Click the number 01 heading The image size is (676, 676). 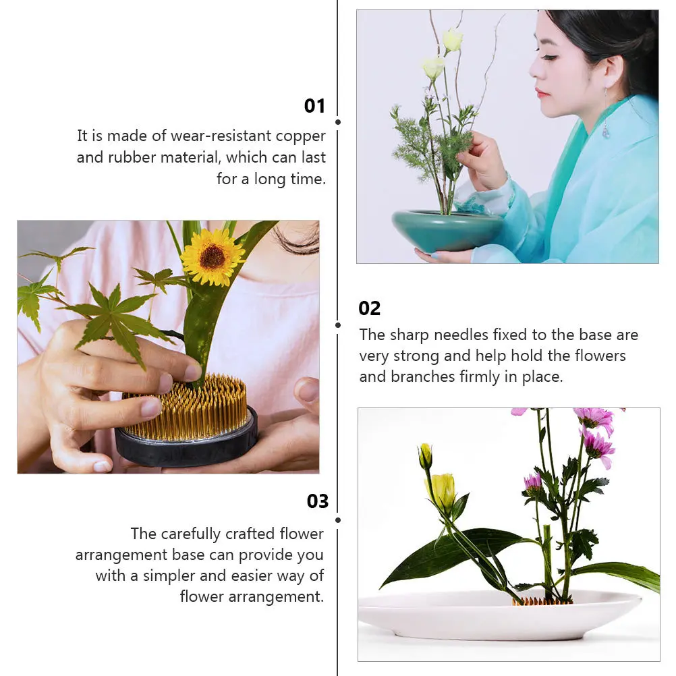click(x=314, y=106)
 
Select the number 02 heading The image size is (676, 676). click(x=370, y=308)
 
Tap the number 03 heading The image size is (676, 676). click(x=317, y=501)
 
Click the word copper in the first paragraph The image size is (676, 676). click(x=300, y=136)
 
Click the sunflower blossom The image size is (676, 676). click(x=213, y=257)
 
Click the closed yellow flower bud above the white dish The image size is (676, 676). click(x=425, y=457)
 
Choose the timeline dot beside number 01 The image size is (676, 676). click(x=337, y=122)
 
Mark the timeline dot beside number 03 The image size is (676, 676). click(x=337, y=519)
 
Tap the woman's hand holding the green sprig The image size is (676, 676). click(x=482, y=161)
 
